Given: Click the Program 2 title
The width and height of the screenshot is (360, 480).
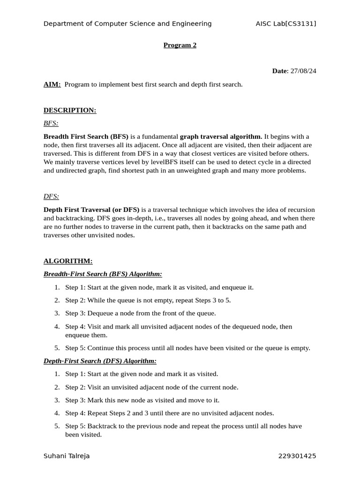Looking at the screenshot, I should pos(180,45).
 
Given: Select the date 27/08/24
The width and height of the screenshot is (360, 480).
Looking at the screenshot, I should pos(303,71).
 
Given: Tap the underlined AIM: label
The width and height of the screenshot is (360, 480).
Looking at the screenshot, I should pos(52,84).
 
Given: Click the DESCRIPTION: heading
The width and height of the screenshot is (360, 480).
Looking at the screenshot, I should pos(70,110).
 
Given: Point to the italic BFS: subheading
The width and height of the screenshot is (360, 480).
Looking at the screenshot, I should pos(51,123).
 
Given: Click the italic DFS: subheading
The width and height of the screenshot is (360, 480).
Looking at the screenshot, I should pos(51,196).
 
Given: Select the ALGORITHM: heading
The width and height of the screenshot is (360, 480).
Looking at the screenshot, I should pos(68,261).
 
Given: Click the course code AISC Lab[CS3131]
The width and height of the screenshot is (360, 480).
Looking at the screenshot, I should pos(286,23).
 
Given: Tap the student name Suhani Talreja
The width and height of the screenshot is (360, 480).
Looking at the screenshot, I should pos(67,456).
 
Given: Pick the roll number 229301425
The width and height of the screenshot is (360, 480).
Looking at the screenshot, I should pos(297,456).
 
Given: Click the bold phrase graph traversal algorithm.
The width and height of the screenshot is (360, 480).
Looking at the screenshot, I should pos(221,136).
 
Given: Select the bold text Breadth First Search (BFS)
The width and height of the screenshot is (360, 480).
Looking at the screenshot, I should pos(86,136).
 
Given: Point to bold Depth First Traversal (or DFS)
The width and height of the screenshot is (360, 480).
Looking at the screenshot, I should pos(91,210).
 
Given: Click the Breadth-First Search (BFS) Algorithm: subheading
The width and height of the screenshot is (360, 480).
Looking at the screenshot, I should pos(103,274).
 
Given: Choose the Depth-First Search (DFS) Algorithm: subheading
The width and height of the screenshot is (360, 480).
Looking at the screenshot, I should pos(100,361).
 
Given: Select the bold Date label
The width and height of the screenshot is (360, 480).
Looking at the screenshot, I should pos(280,71).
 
